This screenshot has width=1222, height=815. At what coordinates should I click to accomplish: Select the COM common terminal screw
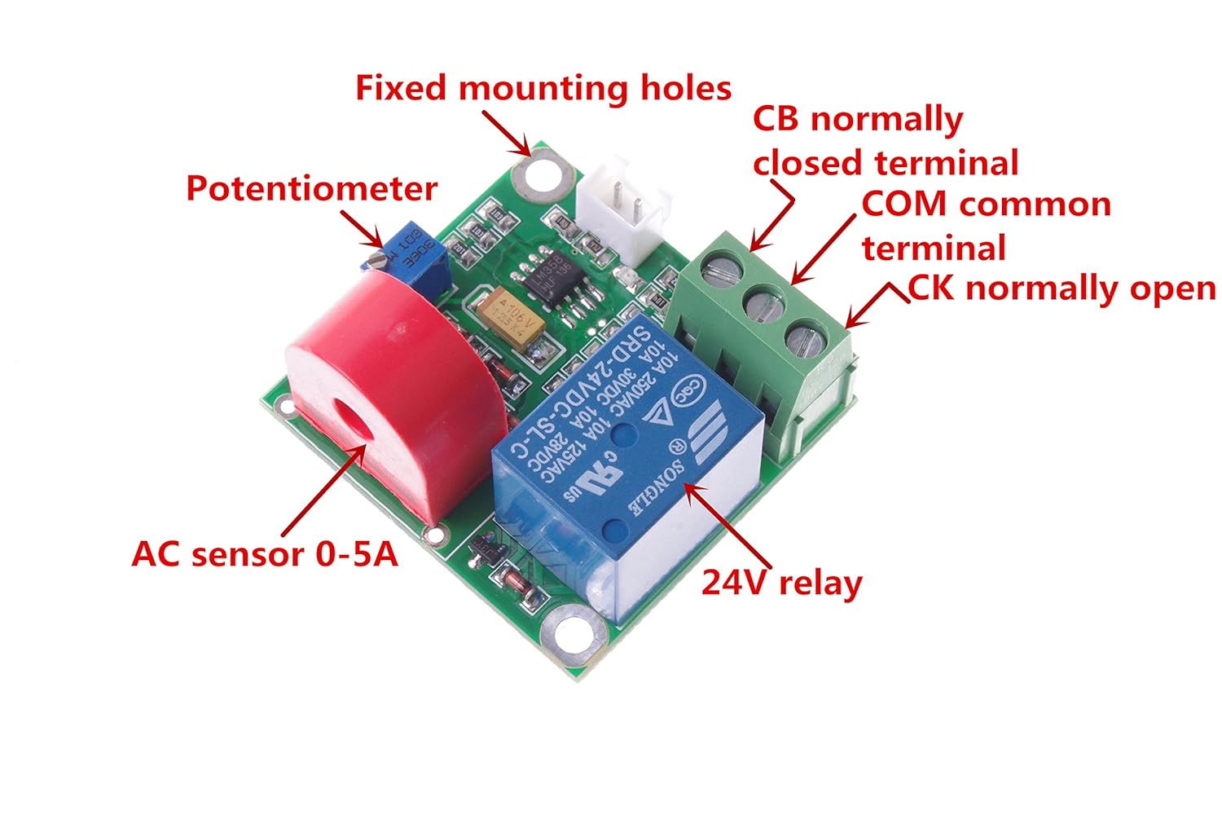tap(763, 301)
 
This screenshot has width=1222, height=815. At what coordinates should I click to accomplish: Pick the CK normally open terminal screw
tap(805, 336)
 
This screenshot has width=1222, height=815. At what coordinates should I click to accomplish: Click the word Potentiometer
tap(311, 189)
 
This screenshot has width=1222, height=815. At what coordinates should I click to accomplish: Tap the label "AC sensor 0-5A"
tap(265, 555)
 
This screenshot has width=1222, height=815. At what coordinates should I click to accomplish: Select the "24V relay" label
tap(781, 584)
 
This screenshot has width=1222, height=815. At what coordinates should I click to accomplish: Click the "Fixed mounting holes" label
tap(543, 88)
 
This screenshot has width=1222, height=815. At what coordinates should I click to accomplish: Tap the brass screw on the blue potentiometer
tap(376, 259)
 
